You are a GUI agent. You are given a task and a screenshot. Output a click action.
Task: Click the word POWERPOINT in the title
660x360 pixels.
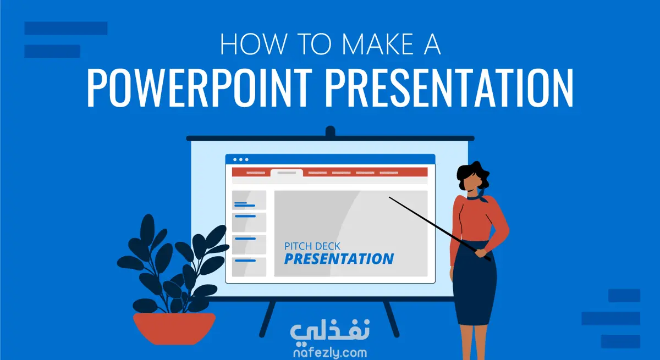tap(200, 87)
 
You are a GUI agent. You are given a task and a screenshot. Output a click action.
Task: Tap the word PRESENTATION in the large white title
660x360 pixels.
tap(449, 87)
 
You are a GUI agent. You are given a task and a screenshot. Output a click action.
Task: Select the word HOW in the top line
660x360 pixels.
tap(254, 44)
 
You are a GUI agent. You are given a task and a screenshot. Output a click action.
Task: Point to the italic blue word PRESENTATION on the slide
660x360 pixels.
tap(339, 259)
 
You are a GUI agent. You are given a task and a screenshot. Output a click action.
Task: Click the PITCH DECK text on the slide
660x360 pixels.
tap(312, 246)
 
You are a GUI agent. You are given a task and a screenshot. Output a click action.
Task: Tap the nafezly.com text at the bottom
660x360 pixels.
tap(330, 352)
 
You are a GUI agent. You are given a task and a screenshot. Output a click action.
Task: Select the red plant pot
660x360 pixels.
tap(174, 328)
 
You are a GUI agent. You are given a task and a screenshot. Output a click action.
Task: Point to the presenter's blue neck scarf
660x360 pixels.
tap(478, 197)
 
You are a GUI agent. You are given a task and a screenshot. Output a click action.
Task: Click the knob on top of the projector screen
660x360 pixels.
tap(331, 131)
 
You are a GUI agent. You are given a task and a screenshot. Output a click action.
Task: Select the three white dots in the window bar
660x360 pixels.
tap(241, 159)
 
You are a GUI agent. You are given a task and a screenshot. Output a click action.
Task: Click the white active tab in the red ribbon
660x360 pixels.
tap(287, 173)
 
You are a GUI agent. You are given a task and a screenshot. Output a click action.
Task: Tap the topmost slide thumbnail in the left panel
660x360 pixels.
tap(249, 200)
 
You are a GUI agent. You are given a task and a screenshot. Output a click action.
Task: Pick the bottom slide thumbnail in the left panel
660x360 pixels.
tap(249, 267)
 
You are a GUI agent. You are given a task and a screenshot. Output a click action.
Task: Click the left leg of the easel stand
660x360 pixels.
tap(267, 319)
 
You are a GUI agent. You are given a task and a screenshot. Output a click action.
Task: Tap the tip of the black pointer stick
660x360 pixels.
tap(389, 197)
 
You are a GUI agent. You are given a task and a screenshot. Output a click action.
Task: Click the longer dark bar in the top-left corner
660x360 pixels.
tap(66, 28)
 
